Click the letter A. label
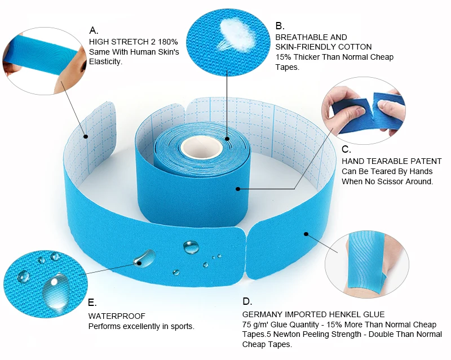point(94,30)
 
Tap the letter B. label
point(280,26)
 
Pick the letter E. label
point(92,303)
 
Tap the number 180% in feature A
point(167,42)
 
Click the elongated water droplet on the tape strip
point(145,257)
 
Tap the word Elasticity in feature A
point(105,62)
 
